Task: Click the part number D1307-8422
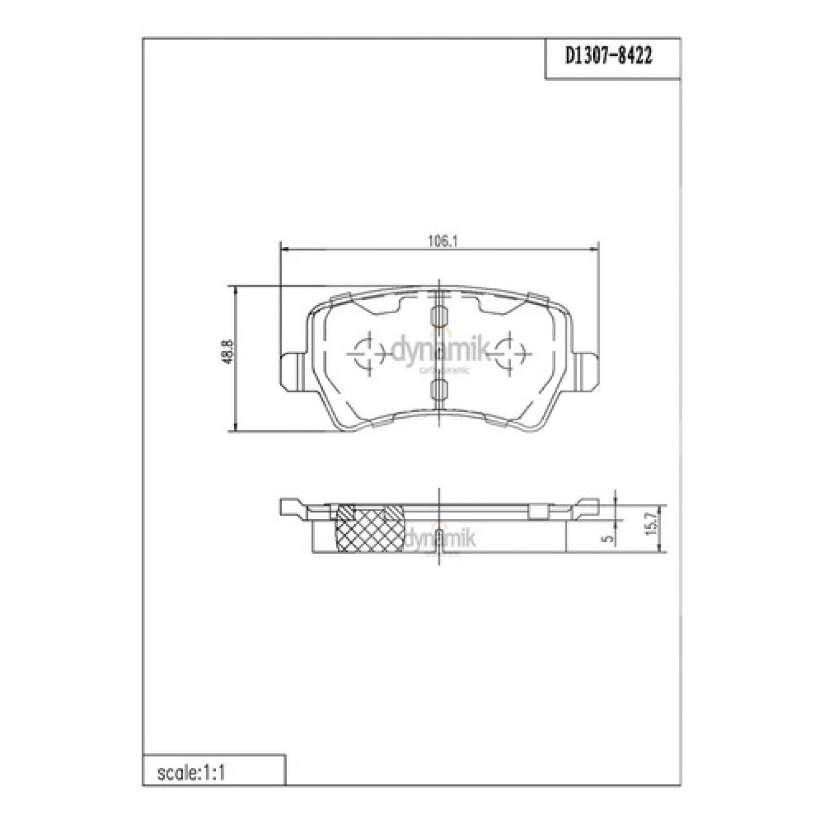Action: [608, 56]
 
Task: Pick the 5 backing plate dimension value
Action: [609, 538]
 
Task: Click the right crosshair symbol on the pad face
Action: [509, 353]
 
